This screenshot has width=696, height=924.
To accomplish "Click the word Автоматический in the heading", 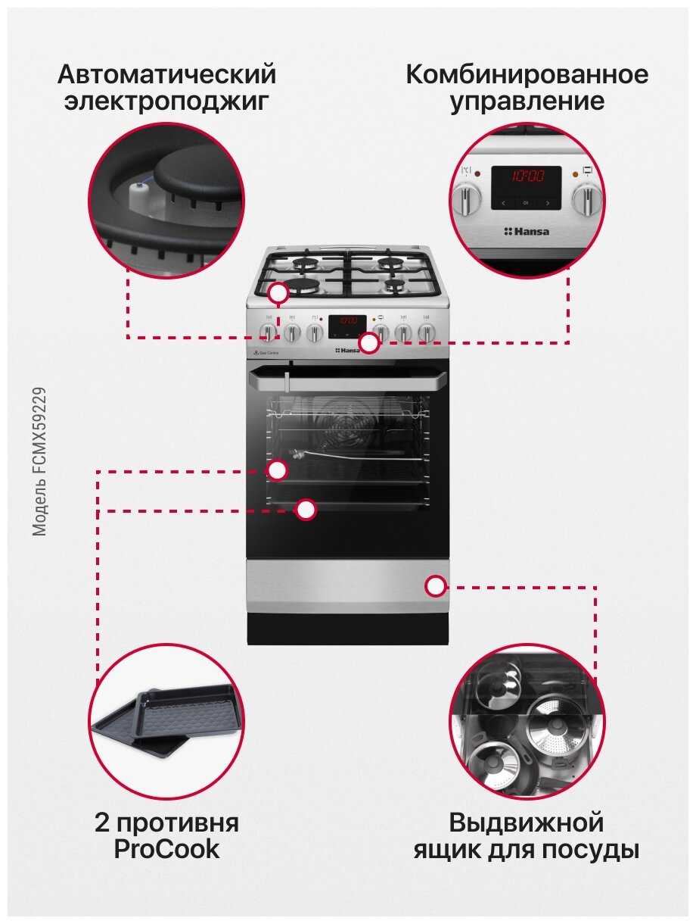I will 166,75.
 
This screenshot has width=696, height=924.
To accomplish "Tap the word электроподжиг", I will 166,102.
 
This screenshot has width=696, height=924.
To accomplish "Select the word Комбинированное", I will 527,75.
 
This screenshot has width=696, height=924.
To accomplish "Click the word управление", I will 527,102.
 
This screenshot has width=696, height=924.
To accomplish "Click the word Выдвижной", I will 527,823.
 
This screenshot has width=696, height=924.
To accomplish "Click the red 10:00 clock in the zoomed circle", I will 527,177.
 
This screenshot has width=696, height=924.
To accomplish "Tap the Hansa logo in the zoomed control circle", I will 527,231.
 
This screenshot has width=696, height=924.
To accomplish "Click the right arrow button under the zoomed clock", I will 548,203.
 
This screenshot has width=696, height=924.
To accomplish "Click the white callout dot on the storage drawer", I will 435,585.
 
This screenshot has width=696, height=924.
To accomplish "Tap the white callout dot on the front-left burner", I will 279,293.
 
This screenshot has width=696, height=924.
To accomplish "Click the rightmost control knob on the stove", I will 427,332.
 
